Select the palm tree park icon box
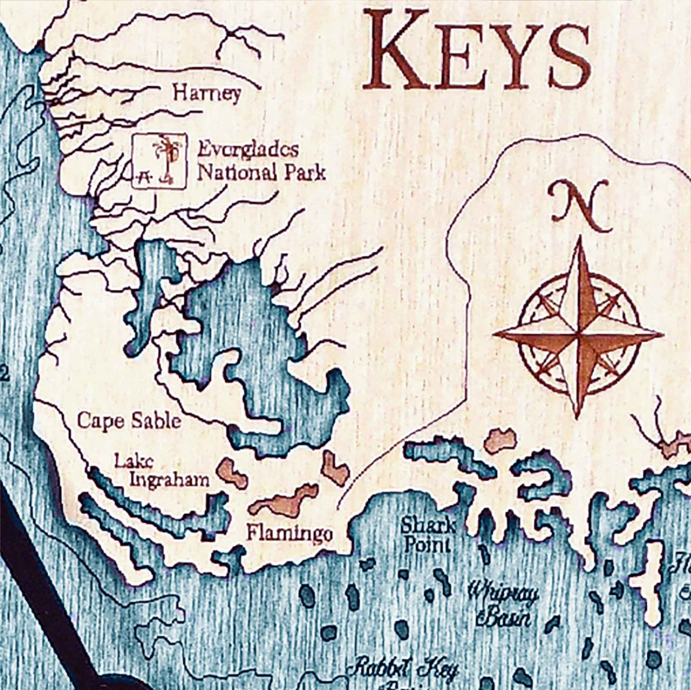[x=158, y=161]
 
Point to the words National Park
[x=261, y=172]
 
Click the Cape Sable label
[x=129, y=421]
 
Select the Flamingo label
[x=290, y=534]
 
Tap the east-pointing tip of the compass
[x=663, y=335]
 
